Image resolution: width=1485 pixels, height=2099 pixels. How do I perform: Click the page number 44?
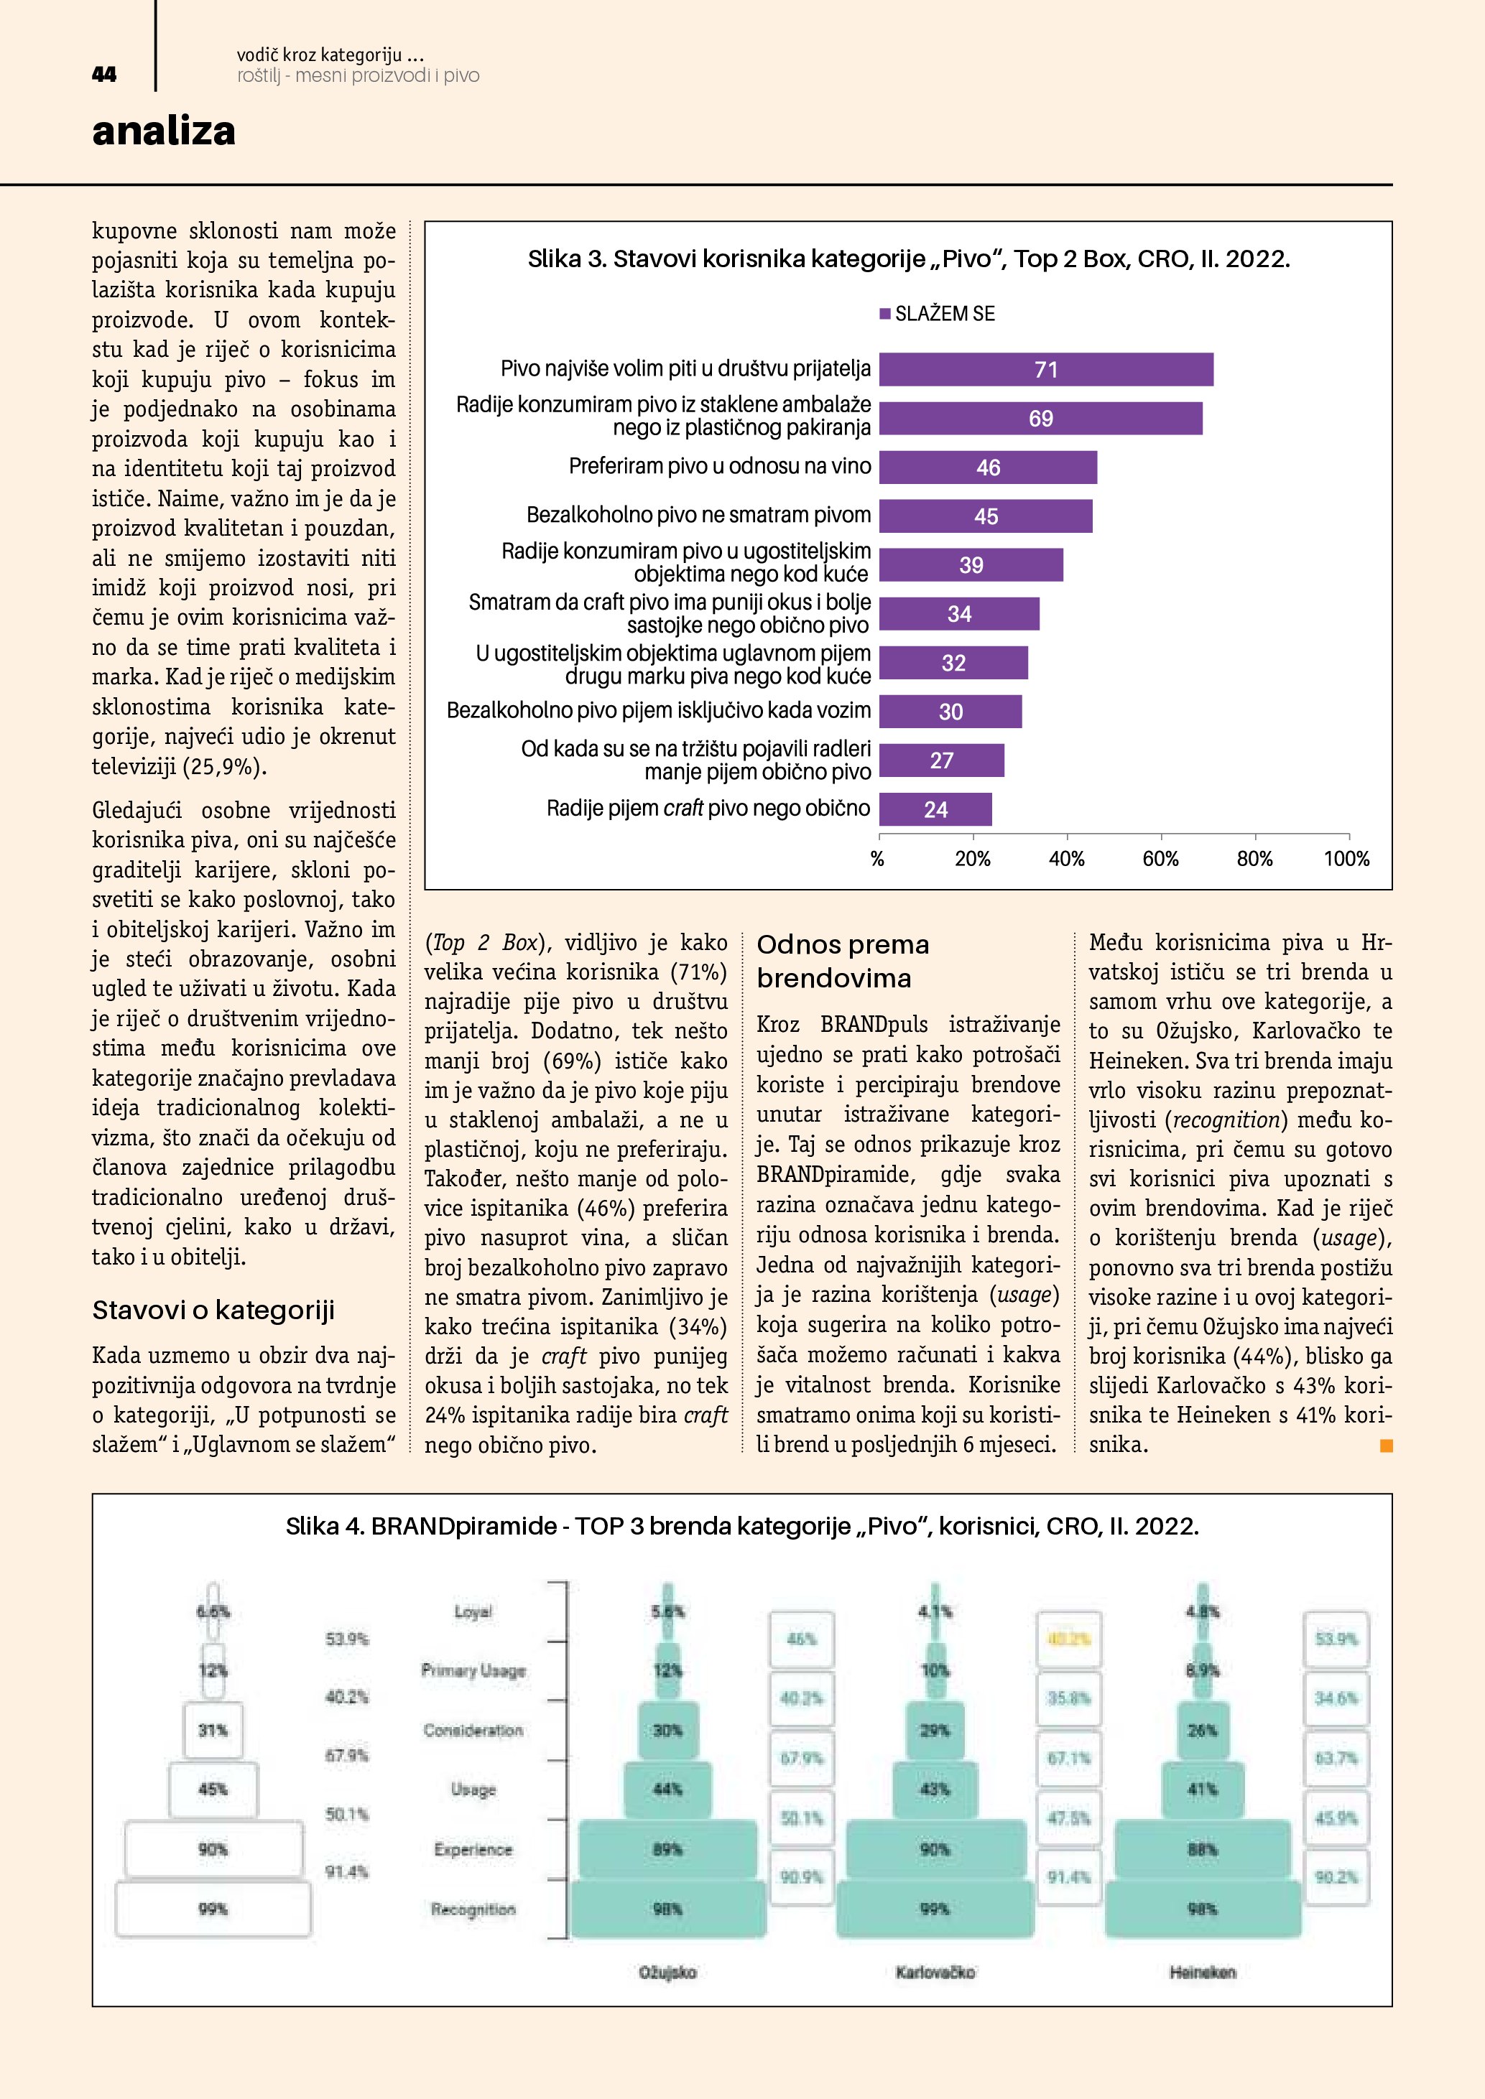(104, 75)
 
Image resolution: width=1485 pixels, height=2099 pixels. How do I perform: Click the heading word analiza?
(164, 131)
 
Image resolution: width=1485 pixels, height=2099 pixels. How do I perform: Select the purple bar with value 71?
(1045, 369)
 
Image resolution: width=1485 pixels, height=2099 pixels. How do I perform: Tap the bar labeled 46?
(988, 467)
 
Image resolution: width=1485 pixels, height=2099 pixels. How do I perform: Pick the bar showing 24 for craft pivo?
(935, 809)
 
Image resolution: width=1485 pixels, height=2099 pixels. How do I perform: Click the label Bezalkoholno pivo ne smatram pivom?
(698, 515)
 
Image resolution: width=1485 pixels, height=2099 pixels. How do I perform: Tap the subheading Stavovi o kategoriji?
(213, 1310)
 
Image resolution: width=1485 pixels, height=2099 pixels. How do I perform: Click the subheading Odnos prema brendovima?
(842, 961)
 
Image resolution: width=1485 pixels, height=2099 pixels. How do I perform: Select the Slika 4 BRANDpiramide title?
(741, 1526)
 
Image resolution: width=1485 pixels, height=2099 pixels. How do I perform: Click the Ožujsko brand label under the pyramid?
(667, 1973)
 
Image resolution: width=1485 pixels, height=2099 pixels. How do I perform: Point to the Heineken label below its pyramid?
(1201, 1973)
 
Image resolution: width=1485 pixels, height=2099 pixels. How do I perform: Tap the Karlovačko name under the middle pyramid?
(935, 1973)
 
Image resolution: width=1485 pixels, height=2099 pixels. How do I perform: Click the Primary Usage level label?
(473, 1670)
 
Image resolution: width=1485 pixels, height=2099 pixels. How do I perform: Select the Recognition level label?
(473, 1909)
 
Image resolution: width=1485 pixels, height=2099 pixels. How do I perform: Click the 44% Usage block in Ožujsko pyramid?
(667, 1789)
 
